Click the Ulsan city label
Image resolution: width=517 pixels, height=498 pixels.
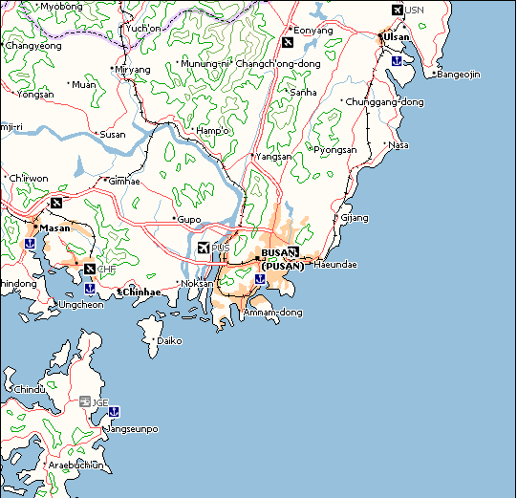pyautogui.click(x=396, y=37)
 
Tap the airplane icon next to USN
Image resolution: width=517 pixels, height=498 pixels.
pyautogui.click(x=397, y=10)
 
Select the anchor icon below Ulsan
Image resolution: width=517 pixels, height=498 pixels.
pyautogui.click(x=396, y=60)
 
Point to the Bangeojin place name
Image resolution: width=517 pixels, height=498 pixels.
pyautogui.click(x=459, y=75)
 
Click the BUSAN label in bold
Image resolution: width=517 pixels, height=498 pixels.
pyautogui.click(x=279, y=253)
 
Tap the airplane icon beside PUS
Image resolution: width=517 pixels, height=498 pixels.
pyautogui.click(x=202, y=249)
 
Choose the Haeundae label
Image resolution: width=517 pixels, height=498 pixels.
pyautogui.click(x=334, y=265)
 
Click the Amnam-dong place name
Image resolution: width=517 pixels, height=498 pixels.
pyautogui.click(x=273, y=313)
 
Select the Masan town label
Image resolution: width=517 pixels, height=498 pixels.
pyautogui.click(x=55, y=227)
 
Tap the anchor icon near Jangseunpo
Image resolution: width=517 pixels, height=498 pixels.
pyautogui.click(x=113, y=411)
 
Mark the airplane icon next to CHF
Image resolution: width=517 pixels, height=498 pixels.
pyautogui.click(x=89, y=269)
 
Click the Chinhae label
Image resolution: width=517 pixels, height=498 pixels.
pyautogui.click(x=141, y=292)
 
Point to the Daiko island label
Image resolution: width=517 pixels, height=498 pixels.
pyautogui.click(x=168, y=340)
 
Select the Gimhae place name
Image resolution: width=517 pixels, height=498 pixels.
pyautogui.click(x=124, y=181)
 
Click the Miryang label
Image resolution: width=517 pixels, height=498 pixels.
pyautogui.click(x=134, y=70)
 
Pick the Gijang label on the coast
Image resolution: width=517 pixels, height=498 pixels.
pyautogui.click(x=355, y=218)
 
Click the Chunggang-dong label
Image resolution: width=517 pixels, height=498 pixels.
pyautogui.click(x=385, y=101)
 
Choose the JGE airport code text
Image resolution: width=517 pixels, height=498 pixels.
pyautogui.click(x=99, y=402)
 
